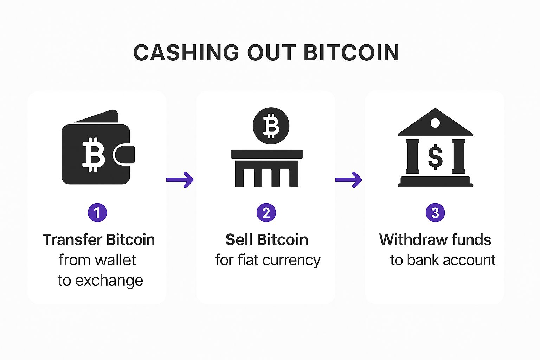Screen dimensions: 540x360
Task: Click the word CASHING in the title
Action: [x=186, y=53]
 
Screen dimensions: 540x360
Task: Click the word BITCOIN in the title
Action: [x=352, y=53]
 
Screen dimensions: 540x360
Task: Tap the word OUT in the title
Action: [x=271, y=53]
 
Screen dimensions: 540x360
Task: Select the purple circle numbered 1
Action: [x=97, y=213]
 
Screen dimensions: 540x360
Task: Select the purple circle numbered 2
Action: [x=266, y=213]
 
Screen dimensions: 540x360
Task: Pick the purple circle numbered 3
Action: [x=435, y=213]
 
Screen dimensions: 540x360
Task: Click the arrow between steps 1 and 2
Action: [x=180, y=180]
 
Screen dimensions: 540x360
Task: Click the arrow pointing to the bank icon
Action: [x=349, y=180]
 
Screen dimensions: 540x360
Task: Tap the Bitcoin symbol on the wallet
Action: [x=94, y=155]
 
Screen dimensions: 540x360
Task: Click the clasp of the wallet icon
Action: [x=124, y=155]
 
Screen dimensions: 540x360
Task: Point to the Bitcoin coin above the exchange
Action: [x=271, y=126]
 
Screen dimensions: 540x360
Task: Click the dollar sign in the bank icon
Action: [x=435, y=157]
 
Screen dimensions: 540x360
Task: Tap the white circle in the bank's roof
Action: [x=435, y=123]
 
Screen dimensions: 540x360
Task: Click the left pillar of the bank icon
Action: [x=412, y=156]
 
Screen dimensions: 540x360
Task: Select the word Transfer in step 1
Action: [x=72, y=240]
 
